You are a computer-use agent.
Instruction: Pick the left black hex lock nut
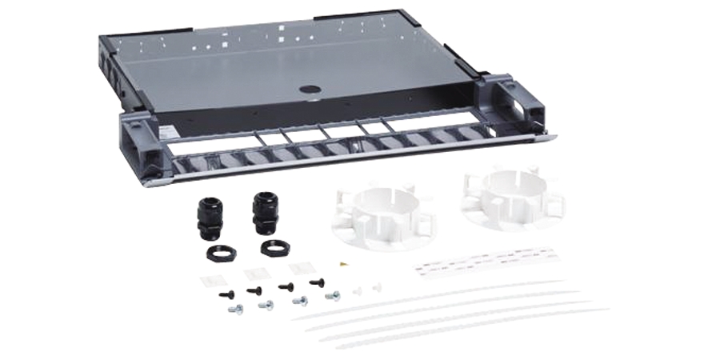coord(220,254)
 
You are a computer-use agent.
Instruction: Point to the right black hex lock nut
coord(274,247)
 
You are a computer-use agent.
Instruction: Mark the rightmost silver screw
coord(332,296)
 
